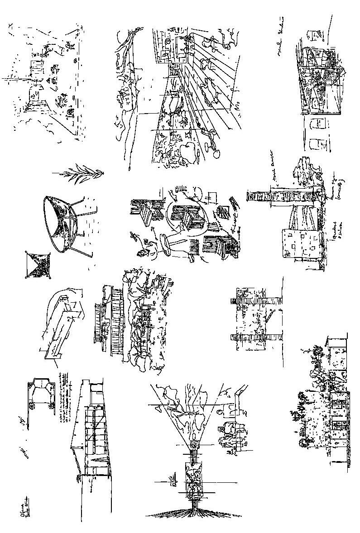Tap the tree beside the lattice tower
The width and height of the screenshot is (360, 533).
tap(306, 174)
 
